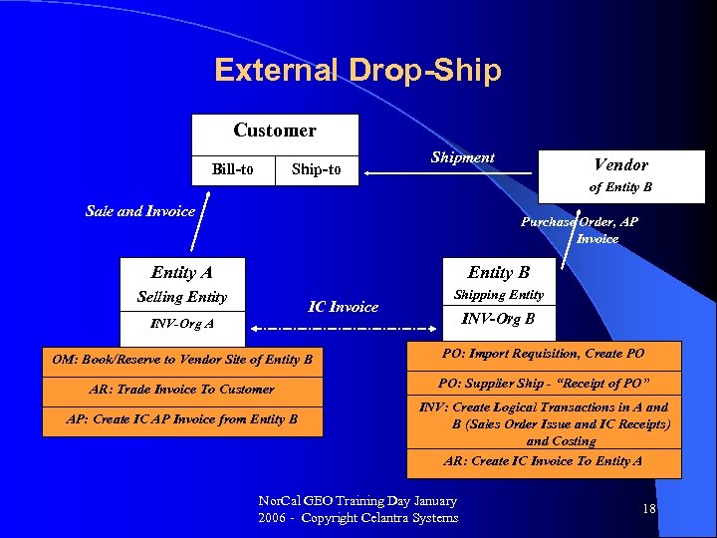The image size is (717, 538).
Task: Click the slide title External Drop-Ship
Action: click(358, 71)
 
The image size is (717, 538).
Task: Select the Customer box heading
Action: click(274, 132)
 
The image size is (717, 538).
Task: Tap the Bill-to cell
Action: click(232, 170)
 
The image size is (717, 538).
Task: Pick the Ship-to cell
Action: click(316, 170)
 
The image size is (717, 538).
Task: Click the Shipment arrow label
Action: click(462, 157)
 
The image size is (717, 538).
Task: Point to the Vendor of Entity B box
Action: click(620, 174)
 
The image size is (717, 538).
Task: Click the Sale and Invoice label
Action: click(140, 211)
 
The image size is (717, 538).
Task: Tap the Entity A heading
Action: click(181, 272)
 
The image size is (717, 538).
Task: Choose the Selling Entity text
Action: click(181, 297)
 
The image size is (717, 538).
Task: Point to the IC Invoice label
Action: click(343, 307)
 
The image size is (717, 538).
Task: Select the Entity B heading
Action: click(499, 272)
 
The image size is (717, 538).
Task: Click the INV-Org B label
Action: click(499, 319)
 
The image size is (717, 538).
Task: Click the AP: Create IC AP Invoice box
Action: click(182, 419)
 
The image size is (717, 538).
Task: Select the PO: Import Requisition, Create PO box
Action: click(544, 355)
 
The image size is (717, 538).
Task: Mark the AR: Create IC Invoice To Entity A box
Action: click(544, 461)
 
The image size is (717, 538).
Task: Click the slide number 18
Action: click(649, 509)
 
